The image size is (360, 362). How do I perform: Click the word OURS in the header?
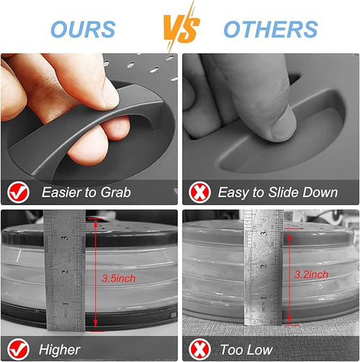(x=83, y=30)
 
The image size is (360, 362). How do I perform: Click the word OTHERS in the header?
(x=271, y=30)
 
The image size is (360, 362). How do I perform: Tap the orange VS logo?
(x=181, y=27)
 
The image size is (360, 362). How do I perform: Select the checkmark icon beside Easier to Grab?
(x=18, y=192)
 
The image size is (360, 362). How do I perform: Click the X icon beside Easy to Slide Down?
(x=199, y=192)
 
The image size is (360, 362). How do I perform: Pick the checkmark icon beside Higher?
(x=18, y=349)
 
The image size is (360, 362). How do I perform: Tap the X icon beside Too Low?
(x=199, y=349)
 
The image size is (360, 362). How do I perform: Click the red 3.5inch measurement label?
(x=119, y=279)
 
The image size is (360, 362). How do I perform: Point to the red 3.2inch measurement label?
(x=311, y=274)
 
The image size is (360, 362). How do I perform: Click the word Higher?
(x=60, y=350)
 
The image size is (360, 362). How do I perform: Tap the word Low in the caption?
(x=261, y=350)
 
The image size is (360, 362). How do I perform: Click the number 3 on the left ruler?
(x=65, y=238)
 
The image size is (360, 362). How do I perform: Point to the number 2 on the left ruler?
(x=66, y=272)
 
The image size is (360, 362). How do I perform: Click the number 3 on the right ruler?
(x=264, y=233)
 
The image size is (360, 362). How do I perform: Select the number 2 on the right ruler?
(x=264, y=266)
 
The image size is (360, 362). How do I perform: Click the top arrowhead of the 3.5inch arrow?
(x=96, y=224)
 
